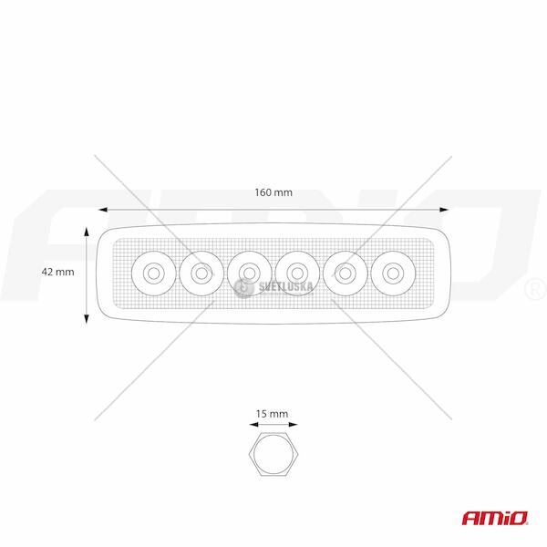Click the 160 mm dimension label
273,192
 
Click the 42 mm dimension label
58,272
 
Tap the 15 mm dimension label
272,414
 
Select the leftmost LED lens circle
153,273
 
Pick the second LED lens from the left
201,273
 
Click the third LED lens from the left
249,273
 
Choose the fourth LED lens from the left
297,273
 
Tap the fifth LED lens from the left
345,273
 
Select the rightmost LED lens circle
393,273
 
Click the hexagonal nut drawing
273,454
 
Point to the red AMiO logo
495,518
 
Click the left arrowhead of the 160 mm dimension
102,210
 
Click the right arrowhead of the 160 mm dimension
444,210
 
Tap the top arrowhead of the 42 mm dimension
87,232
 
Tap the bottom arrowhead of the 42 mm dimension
87,319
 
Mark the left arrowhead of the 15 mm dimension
253,425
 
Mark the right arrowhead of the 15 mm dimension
293,425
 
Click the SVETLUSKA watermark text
285,287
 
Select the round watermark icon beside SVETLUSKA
243,288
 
